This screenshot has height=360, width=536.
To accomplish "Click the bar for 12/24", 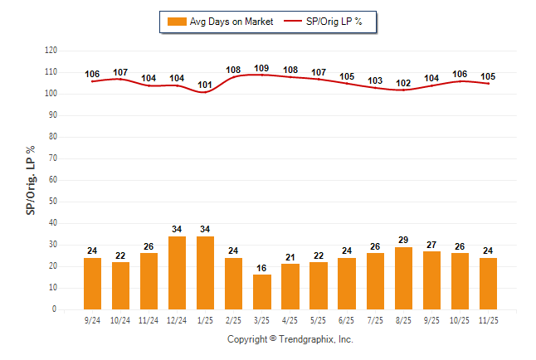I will tap(178, 273).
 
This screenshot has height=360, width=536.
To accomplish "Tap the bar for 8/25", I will tap(403, 278).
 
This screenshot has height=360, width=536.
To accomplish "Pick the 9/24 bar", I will tap(92, 284).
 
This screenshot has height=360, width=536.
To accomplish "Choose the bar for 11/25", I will tap(488, 284).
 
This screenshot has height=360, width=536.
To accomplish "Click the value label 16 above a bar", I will tap(262, 269).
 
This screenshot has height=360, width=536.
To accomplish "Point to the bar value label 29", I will tap(403, 241).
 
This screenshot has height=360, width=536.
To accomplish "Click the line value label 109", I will tap(261, 68).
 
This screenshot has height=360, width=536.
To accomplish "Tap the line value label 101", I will tap(205, 85).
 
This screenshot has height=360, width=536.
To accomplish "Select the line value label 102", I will tap(403, 83).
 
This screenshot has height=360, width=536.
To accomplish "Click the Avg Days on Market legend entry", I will tap(219, 22).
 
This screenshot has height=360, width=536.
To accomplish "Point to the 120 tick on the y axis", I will tap(51, 51).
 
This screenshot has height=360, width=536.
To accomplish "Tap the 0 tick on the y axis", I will tap(55, 309).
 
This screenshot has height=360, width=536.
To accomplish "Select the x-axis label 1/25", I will tap(206, 319).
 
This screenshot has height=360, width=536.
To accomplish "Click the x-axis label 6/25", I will tap(347, 319).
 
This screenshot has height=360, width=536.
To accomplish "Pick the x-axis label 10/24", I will tap(120, 319).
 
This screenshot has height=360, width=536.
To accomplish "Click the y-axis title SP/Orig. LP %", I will tap(31, 179).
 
